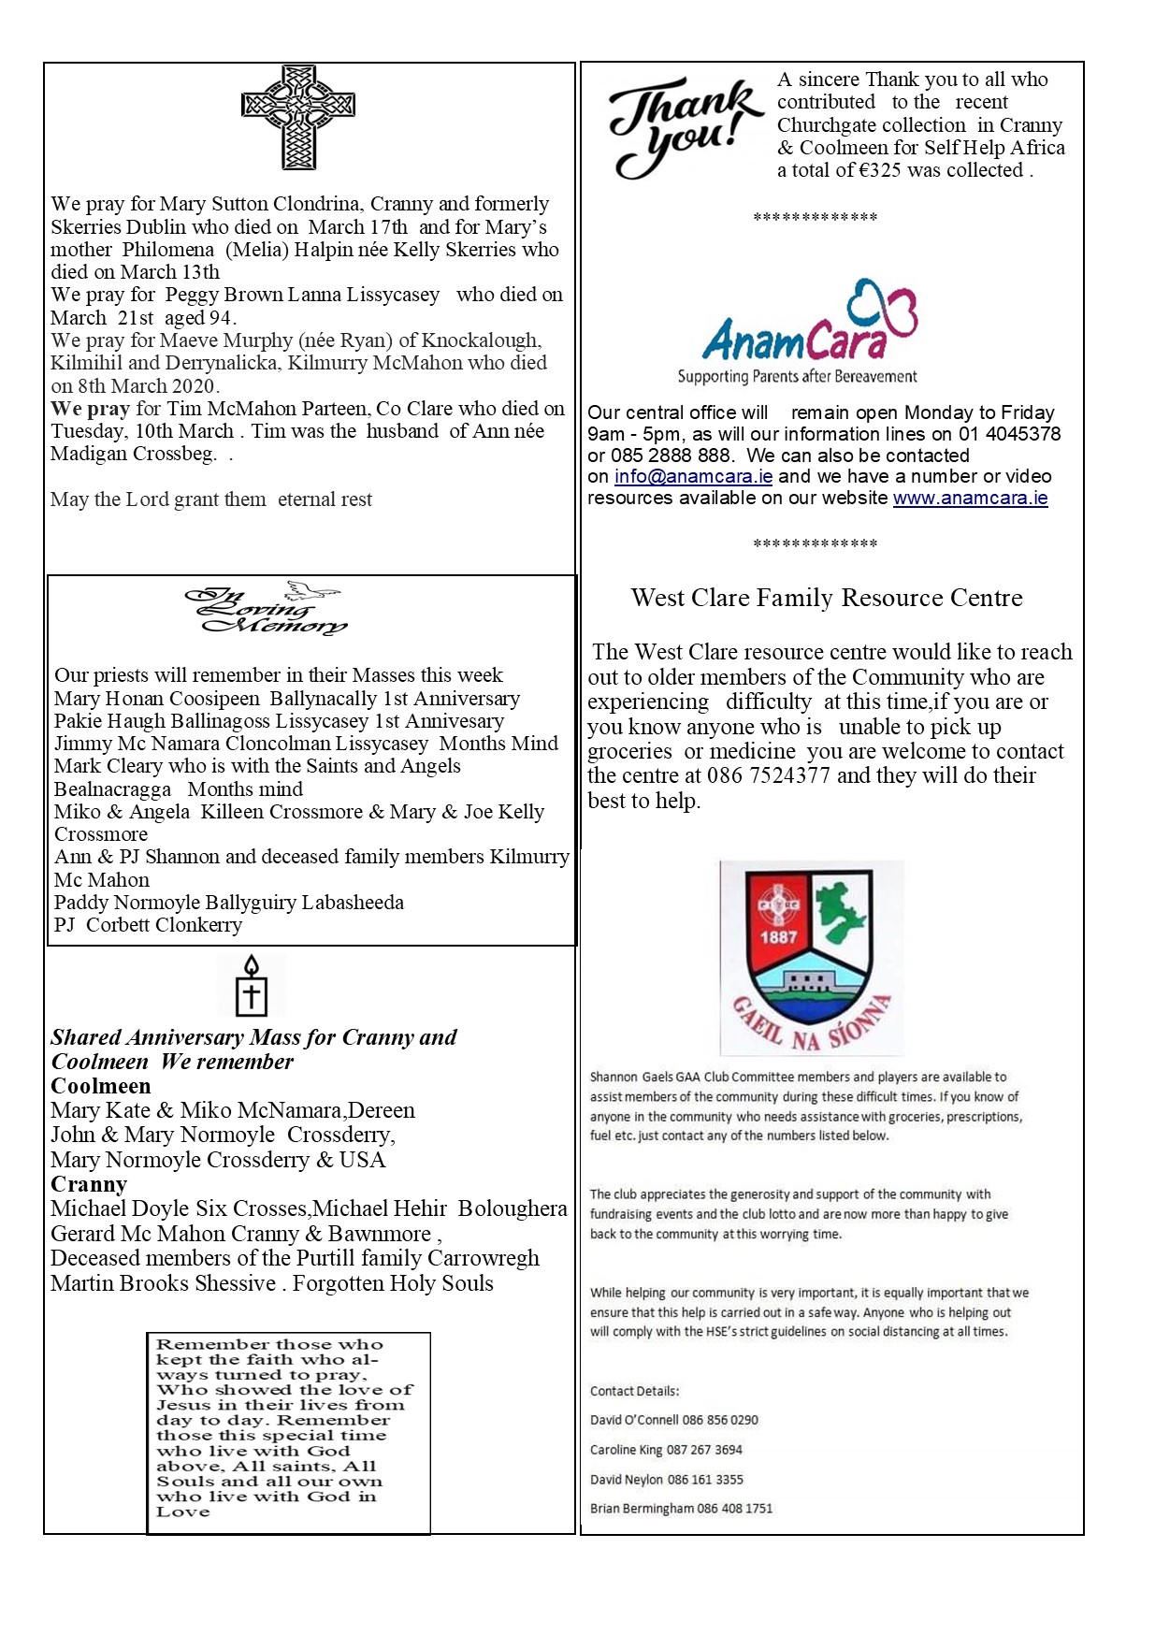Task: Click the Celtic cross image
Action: (x=298, y=117)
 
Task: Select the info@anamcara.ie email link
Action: (x=693, y=476)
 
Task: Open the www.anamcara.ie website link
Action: (x=970, y=498)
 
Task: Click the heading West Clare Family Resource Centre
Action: (x=827, y=598)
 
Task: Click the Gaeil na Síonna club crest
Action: (x=811, y=958)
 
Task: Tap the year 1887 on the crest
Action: (x=778, y=936)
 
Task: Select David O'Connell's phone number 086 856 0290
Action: (x=720, y=1420)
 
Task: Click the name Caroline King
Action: (x=626, y=1450)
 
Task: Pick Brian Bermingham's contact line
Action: (x=681, y=1508)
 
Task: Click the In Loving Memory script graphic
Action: (x=266, y=610)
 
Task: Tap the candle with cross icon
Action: (x=251, y=986)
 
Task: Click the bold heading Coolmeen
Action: (x=100, y=1086)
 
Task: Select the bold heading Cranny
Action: (x=89, y=1184)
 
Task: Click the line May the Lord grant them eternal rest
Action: (x=211, y=499)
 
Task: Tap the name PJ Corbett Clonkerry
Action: (x=148, y=925)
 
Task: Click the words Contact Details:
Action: (x=634, y=1391)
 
